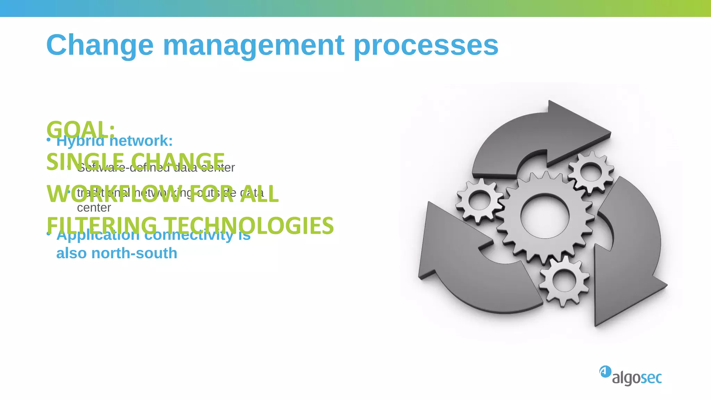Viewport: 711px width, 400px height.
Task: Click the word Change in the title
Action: pyautogui.click(x=100, y=45)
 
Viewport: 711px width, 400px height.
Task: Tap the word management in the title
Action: pyautogui.click(x=253, y=45)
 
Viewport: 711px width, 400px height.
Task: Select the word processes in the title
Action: pyautogui.click(x=426, y=45)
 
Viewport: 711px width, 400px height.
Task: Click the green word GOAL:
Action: pyautogui.click(x=81, y=130)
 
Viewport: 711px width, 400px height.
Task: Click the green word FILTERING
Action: pyautogui.click(x=102, y=225)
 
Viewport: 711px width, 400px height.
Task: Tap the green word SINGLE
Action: pyautogui.click(x=85, y=161)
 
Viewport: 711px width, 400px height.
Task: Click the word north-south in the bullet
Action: pyautogui.click(x=134, y=253)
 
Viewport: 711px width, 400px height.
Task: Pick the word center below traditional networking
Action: pyautogui.click(x=94, y=208)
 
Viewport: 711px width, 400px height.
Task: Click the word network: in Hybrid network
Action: pyautogui.click(x=141, y=141)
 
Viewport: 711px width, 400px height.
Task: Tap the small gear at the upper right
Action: pyautogui.click(x=591, y=172)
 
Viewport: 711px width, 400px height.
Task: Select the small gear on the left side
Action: pyautogui.click(x=480, y=201)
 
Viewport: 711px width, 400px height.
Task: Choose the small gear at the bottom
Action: pyautogui.click(x=564, y=281)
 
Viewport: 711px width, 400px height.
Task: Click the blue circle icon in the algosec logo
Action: pyautogui.click(x=605, y=372)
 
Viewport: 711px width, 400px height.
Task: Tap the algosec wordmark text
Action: pyautogui.click(x=637, y=378)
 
